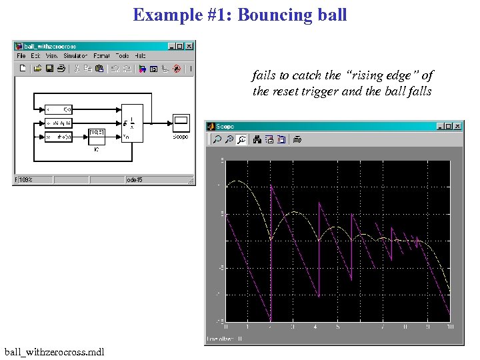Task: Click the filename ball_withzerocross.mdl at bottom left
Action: (53, 351)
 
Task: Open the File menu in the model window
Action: (21, 56)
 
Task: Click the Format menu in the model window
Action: (101, 56)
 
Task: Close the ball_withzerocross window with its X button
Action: (189, 46)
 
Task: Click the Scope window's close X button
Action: (457, 126)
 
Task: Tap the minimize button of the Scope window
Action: (440, 126)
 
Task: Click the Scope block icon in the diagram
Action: (181, 123)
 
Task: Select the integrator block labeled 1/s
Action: (131, 122)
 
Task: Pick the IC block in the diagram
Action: (97, 136)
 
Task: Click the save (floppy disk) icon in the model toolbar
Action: (49, 68)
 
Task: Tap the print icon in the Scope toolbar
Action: (298, 139)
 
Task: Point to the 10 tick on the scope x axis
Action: (450, 327)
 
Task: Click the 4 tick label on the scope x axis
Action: (315, 327)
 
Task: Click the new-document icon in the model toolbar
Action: (22, 68)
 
